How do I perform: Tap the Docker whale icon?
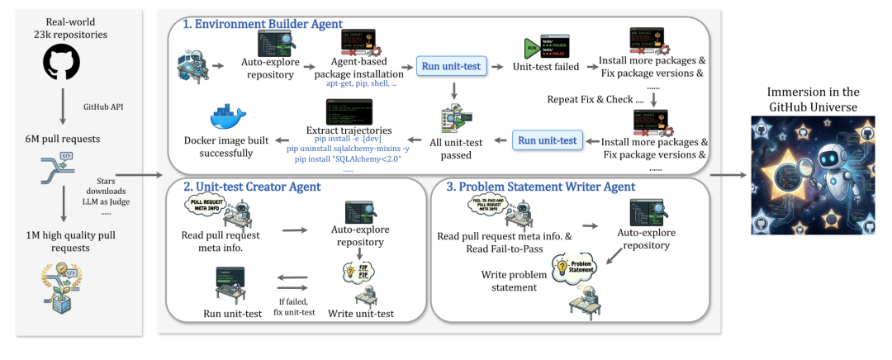225,117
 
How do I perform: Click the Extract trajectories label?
349,130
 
